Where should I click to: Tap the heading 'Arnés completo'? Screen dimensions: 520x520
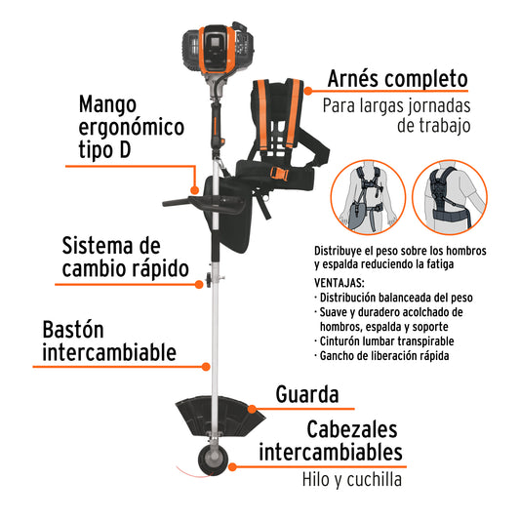point(397,78)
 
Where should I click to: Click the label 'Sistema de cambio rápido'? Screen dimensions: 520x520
point(124,256)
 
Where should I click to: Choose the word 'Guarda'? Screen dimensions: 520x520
point(307,394)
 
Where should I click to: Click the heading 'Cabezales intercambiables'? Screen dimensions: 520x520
point(331,441)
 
